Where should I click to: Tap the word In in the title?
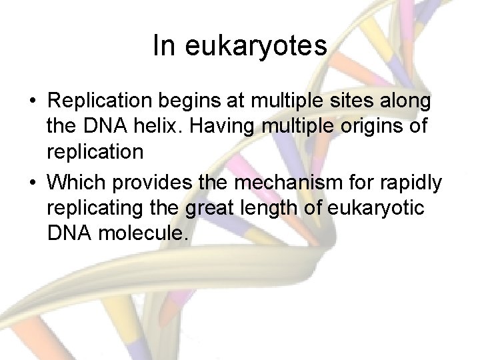163,45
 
